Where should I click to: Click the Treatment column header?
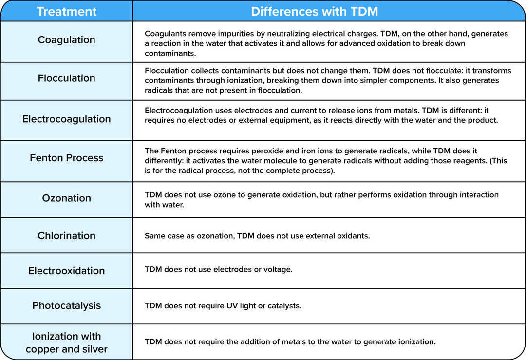(66, 11)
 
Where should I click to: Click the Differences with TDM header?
(314, 11)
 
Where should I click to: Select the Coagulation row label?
(66, 40)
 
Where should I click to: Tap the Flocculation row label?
(66, 78)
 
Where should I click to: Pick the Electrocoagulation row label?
(66, 119)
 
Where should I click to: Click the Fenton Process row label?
(66, 158)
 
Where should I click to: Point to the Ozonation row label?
(66, 198)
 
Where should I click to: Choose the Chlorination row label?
(66, 236)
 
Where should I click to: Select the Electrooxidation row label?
(66, 271)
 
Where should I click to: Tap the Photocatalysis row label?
(66, 306)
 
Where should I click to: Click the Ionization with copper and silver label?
(66, 342)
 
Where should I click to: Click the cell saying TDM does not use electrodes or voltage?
(219, 269)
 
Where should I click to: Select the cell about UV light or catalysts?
(223, 306)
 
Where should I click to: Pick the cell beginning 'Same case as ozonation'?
(257, 236)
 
